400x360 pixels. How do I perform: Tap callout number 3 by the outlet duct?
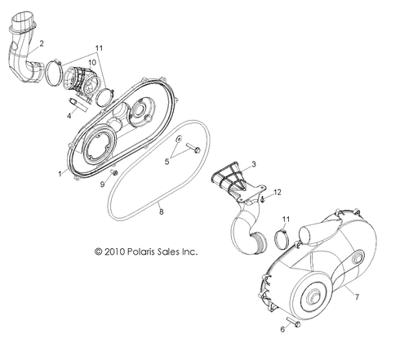[254, 165]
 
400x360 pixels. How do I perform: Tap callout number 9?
[103, 184]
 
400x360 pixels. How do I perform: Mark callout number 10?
[103, 62]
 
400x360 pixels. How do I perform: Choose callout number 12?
[255, 193]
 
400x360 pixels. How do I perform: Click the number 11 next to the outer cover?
[285, 219]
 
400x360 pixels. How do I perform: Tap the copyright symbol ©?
[98, 251]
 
